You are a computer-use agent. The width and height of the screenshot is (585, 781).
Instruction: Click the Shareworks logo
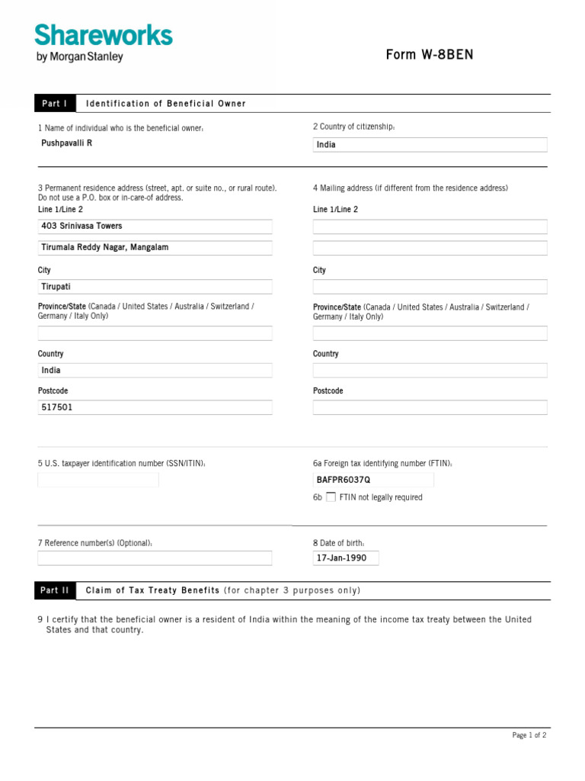pos(104,36)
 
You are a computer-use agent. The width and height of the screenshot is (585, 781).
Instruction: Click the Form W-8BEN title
pos(429,55)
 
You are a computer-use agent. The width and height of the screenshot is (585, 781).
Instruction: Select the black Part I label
pos(55,104)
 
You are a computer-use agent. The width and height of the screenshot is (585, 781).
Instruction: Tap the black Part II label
pos(55,590)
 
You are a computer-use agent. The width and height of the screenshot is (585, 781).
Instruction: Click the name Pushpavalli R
pos(67,143)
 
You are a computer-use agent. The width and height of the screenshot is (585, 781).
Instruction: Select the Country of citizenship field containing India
pos(430,145)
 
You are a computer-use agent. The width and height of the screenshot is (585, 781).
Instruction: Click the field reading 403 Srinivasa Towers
pos(155,227)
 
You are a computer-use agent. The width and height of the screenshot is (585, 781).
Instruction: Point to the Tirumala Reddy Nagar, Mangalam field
pos(155,248)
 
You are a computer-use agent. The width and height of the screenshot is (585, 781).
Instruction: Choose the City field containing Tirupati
pos(155,287)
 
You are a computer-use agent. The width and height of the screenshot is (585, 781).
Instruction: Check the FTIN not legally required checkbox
pos(331,497)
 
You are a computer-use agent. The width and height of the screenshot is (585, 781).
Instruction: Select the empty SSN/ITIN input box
pos(98,480)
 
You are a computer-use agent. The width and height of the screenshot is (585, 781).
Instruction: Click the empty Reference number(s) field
pos(155,558)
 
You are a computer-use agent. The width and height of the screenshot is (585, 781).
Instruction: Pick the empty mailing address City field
pos(430,287)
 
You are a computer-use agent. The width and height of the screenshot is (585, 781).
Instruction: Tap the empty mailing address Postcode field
pos(430,407)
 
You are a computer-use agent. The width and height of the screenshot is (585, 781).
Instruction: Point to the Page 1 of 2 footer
pos(529,735)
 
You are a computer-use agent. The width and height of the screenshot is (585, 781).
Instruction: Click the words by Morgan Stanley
pos(79,56)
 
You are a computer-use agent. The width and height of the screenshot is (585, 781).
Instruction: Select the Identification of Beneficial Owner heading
pos(166,104)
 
